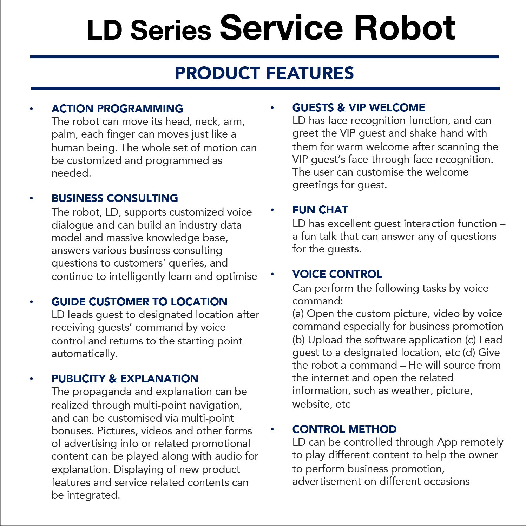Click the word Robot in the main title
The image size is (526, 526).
point(405,28)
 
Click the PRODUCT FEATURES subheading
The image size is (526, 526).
point(264,73)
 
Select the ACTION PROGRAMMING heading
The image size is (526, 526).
point(117,109)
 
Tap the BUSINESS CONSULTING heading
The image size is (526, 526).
point(115,198)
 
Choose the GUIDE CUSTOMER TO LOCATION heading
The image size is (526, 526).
point(139,302)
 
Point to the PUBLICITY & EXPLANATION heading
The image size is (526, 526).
point(125,379)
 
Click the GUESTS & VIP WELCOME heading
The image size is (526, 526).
point(359,107)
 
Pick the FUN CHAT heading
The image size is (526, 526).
point(320,210)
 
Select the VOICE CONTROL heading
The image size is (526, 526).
point(337,274)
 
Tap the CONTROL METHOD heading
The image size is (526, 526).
point(344,429)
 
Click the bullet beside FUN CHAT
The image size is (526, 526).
point(272,210)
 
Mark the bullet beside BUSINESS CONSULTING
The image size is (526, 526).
point(31,198)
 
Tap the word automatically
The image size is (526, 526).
point(85,354)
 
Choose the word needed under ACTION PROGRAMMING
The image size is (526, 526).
point(71,173)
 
